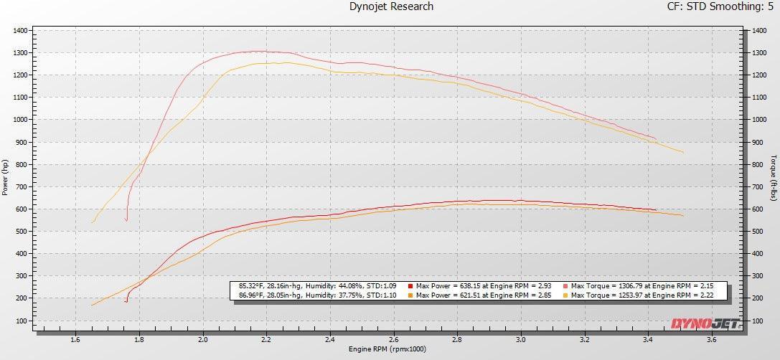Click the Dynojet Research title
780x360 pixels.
point(391,7)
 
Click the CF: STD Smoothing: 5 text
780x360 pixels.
point(719,7)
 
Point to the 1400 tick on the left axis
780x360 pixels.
point(19,31)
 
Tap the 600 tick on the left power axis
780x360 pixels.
point(22,209)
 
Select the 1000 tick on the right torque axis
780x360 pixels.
point(760,120)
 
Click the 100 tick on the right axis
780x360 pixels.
point(758,321)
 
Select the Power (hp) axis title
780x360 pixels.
point(5,176)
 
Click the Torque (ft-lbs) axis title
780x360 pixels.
point(774,176)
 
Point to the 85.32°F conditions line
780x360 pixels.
point(316,285)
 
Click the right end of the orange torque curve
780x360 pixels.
point(682,152)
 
